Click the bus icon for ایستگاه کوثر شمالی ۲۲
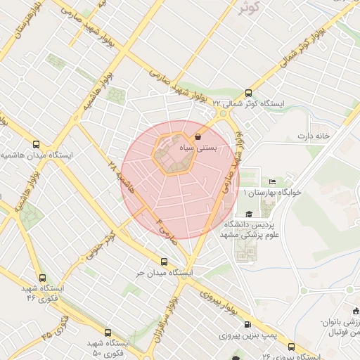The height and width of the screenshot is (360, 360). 247,93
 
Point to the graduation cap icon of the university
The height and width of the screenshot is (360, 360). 248,214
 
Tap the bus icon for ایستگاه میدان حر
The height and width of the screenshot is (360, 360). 164,262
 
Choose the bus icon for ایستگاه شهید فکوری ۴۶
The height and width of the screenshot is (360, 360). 44,278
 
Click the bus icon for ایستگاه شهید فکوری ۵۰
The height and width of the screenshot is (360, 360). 108,333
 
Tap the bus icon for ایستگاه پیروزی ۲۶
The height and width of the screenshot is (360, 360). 292,346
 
